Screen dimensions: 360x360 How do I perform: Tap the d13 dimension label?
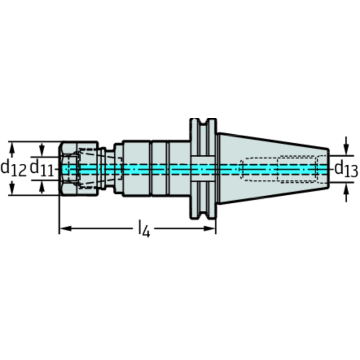(x=346, y=169)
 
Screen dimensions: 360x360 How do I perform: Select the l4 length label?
(x=144, y=229)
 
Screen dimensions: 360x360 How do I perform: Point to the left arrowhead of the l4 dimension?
(x=65, y=229)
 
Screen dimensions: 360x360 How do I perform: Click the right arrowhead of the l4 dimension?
(x=210, y=229)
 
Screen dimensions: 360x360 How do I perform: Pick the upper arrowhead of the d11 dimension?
(x=42, y=150)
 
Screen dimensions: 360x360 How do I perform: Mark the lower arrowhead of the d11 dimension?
(x=42, y=187)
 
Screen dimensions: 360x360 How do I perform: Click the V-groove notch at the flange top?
(x=203, y=122)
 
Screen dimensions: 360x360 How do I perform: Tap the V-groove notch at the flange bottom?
(x=203, y=215)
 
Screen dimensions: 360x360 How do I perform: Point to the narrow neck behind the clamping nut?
(x=109, y=169)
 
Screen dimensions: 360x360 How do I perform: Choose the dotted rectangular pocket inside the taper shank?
(x=296, y=169)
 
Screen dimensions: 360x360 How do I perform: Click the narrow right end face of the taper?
(x=328, y=169)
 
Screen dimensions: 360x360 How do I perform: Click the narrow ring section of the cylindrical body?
(x=159, y=169)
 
